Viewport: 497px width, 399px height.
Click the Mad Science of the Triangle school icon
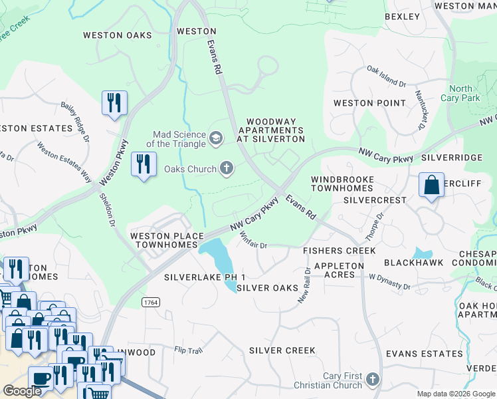215,138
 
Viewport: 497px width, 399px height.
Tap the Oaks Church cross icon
227,169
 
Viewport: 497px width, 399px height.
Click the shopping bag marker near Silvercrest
431,185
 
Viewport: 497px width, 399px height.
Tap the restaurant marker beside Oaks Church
144,164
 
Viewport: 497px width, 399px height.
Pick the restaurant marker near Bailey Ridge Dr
114,103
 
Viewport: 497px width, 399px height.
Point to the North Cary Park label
460,93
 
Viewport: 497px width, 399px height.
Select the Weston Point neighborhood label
369,103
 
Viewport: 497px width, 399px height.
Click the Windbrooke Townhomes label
342,184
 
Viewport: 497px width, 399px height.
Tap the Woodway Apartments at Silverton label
275,130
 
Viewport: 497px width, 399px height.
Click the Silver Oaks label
266,288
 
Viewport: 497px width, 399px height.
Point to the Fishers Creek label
339,251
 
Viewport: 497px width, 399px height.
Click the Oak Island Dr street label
386,76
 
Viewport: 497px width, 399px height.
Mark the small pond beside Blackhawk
422,253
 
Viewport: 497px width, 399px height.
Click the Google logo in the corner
22,391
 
